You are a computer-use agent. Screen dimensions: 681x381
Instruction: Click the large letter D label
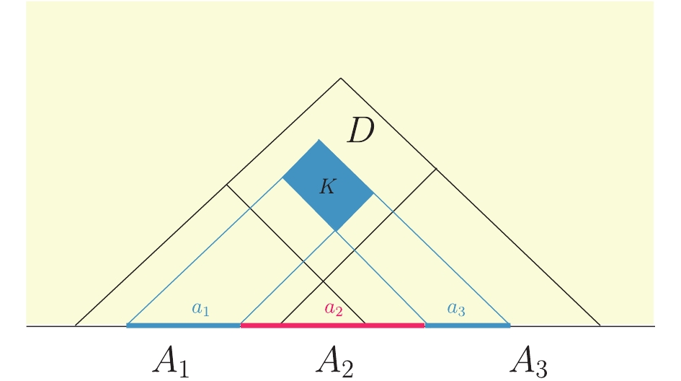(361, 131)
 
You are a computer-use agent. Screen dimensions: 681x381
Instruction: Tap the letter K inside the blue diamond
(328, 187)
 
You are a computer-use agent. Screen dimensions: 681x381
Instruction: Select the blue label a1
(200, 308)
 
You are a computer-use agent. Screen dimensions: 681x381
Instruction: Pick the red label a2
(334, 308)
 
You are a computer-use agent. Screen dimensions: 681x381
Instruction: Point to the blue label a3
(456, 309)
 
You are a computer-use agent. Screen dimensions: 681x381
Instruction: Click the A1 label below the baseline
(171, 361)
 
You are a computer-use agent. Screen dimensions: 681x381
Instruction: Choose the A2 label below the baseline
(334, 361)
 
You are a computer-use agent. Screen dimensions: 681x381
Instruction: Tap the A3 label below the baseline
(528, 361)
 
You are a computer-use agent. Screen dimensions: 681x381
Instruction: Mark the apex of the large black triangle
(341, 78)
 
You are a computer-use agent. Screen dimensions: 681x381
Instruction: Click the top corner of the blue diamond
(319, 139)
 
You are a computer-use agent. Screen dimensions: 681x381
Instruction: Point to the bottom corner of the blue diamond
(336, 231)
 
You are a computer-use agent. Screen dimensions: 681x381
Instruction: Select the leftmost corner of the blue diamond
(282, 178)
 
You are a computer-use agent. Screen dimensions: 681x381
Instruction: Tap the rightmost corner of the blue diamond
(373, 193)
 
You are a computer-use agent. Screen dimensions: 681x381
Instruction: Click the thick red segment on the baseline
(333, 325)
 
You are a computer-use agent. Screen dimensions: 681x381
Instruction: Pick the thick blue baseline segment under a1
(183, 325)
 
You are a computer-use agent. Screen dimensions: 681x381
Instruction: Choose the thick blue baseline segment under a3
(468, 325)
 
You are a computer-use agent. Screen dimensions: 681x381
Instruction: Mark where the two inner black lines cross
(323, 282)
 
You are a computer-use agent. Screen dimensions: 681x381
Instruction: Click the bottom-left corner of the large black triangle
(75, 325)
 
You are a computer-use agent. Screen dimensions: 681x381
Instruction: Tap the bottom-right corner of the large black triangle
(601, 325)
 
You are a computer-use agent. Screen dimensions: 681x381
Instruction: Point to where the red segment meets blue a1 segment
(241, 325)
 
